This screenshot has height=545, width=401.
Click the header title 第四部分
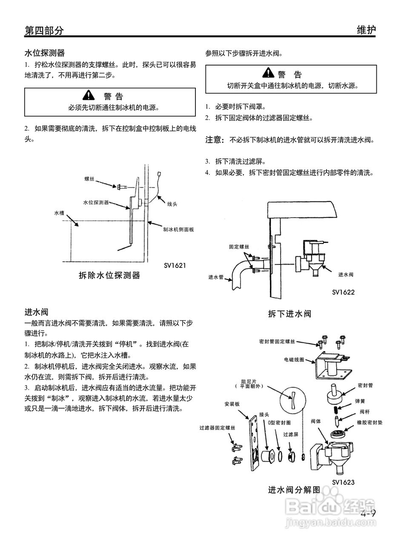[44, 31]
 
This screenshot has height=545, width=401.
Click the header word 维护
[366, 30]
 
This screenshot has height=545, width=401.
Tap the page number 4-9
[368, 513]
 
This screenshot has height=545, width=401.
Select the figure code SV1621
[175, 265]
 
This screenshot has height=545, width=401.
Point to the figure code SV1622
[343, 292]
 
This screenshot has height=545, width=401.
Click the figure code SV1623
[343, 482]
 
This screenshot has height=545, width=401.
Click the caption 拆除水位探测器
[109, 275]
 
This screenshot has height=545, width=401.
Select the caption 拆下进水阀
[289, 314]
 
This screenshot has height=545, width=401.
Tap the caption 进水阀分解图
[294, 490]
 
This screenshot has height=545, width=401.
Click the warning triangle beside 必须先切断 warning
[88, 95]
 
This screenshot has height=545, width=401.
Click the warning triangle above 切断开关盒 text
[268, 73]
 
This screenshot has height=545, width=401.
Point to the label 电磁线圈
[294, 359]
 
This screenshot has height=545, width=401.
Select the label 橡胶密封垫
[369, 423]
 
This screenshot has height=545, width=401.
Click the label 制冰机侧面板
[179, 229]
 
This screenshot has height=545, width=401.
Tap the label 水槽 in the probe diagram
[59, 212]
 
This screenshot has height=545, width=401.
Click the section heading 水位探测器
[44, 53]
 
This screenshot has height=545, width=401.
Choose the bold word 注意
[215, 139]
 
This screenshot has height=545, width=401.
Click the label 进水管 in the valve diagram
[216, 277]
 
